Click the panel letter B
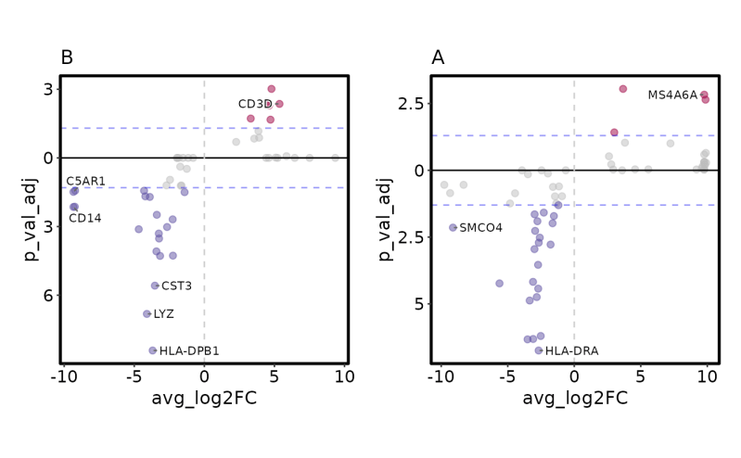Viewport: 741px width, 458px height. click(x=67, y=58)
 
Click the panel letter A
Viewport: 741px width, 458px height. click(x=438, y=58)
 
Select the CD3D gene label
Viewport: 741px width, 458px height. click(x=255, y=104)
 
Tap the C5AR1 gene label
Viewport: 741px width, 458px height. click(x=85, y=181)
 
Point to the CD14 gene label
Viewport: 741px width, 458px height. click(x=85, y=219)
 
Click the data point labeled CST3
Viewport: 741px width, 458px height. click(x=155, y=286)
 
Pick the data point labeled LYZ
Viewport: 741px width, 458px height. click(x=147, y=314)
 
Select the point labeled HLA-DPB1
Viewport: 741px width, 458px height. click(x=153, y=350)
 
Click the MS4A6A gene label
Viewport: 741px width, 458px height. click(x=672, y=95)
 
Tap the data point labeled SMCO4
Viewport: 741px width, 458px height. click(x=453, y=227)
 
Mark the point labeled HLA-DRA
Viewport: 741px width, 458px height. click(x=539, y=350)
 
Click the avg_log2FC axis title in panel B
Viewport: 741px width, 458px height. click(x=204, y=399)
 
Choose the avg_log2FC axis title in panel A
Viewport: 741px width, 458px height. click(x=575, y=399)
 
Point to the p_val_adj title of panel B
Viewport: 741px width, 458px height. click(x=31, y=219)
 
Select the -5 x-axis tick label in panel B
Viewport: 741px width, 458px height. click(x=133, y=376)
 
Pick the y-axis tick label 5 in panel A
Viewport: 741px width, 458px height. click(x=417, y=304)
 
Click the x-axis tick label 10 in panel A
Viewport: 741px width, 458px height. click(x=707, y=376)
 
